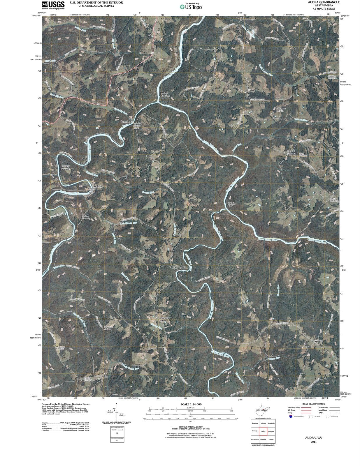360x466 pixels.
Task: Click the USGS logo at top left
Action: tap(53, 5)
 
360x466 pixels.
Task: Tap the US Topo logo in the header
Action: tap(191, 6)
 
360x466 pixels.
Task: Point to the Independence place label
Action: tap(248, 18)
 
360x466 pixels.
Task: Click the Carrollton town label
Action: tap(126, 121)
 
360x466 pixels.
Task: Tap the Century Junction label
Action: tap(65, 167)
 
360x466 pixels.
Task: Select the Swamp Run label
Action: tap(165, 319)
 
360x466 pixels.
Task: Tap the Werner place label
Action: tap(319, 341)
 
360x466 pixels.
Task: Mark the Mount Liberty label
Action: tap(291, 152)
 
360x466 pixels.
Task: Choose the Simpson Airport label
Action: tap(281, 110)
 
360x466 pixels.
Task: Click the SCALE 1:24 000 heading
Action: tap(191, 405)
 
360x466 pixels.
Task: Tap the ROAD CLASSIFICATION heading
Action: tap(313, 404)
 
